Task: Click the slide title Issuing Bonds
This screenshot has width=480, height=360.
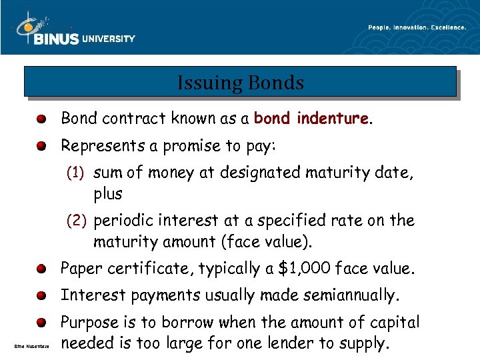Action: pos(240,83)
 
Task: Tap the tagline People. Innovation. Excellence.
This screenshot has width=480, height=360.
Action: pos(417,27)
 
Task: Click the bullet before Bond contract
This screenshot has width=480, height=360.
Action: pos(41,119)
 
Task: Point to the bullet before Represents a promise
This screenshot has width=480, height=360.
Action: pos(41,146)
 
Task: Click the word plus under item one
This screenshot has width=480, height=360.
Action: pos(108,194)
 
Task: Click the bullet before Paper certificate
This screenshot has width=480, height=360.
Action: pos(41,269)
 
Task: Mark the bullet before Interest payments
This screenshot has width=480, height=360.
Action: pos(41,296)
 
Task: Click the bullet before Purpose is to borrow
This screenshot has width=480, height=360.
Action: pos(41,323)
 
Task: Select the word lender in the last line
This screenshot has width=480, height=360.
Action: pos(305,344)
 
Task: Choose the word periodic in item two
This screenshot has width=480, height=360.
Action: pos(123,221)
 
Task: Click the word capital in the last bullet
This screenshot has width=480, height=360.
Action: pos(394,323)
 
